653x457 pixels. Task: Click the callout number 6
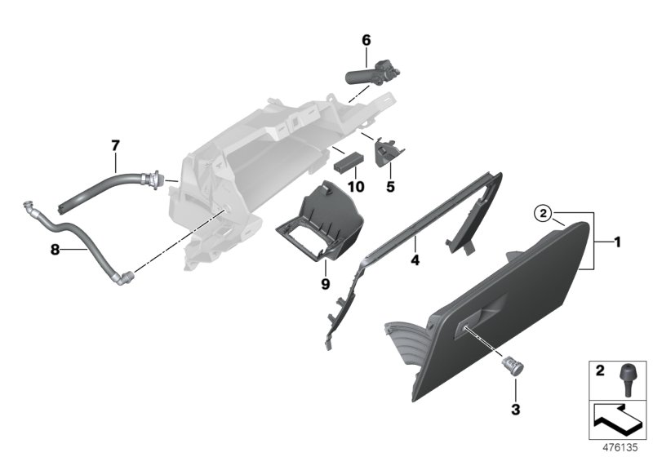point(366,39)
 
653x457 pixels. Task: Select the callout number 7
point(115,145)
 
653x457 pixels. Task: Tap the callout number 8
point(55,251)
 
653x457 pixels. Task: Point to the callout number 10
point(355,186)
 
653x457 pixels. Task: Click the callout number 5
point(390,186)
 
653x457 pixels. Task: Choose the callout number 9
point(324,284)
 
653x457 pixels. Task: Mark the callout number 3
point(514,406)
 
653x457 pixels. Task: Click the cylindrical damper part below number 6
point(368,73)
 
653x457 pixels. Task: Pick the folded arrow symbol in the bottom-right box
point(618,422)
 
